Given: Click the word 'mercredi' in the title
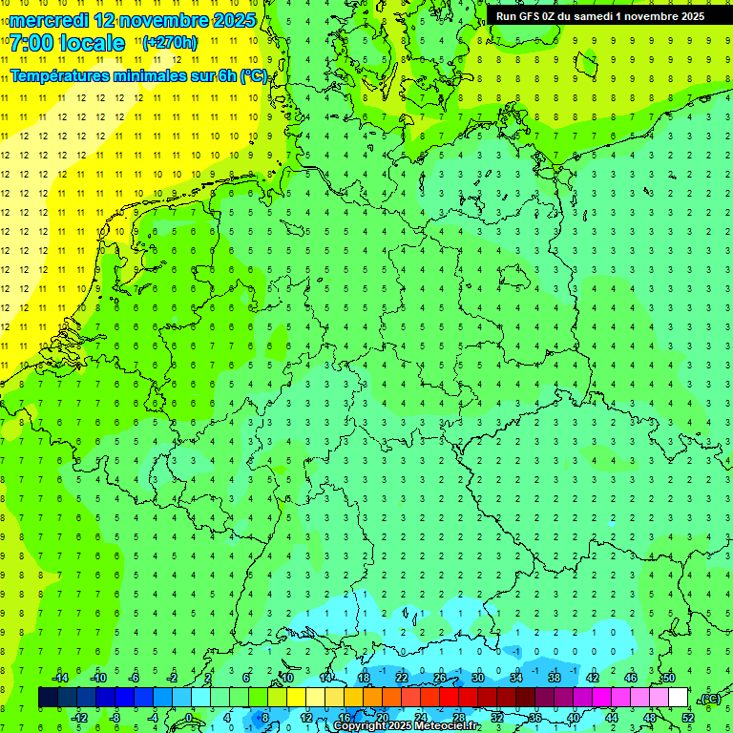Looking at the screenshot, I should click(x=50, y=20).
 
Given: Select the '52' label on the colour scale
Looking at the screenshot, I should click(x=688, y=717).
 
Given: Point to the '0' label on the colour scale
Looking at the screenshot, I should click(x=189, y=717).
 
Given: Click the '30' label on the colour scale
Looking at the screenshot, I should click(x=477, y=678).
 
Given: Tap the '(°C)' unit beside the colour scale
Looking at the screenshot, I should click(x=710, y=699).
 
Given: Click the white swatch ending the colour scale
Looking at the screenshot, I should click(x=679, y=698).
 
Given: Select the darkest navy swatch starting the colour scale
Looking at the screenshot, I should click(x=48, y=698).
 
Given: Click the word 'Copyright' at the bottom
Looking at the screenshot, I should click(x=361, y=726).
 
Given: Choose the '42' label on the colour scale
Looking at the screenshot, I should click(x=592, y=678).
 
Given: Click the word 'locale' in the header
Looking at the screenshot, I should click(x=90, y=43).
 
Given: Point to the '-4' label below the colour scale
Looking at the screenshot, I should click(x=153, y=717).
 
